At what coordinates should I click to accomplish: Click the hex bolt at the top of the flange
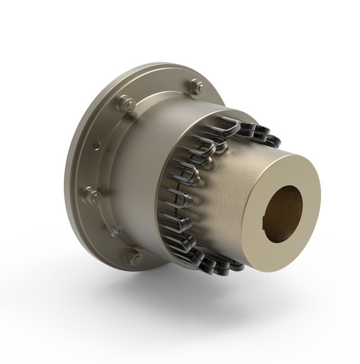click(195, 88)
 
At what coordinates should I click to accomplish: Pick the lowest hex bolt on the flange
click(133, 258)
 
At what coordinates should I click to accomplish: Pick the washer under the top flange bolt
click(195, 93)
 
